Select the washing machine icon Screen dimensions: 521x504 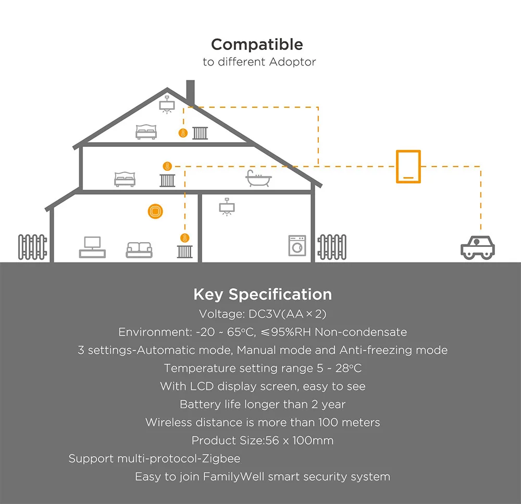297,245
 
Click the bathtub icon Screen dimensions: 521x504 258,179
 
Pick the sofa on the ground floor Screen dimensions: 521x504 139,249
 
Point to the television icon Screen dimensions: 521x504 92,247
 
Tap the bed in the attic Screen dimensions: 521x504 146,131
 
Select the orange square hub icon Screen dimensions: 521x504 155,212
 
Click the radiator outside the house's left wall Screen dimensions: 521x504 32,247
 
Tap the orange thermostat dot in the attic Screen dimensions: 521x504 182,133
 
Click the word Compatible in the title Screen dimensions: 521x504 257,44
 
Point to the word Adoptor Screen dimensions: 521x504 292,62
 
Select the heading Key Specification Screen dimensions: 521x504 262,295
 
